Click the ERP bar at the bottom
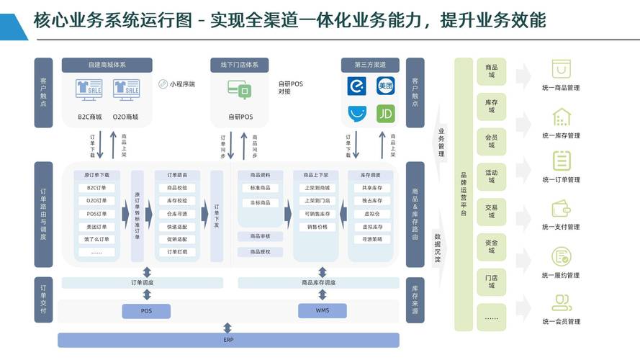tap(227, 340)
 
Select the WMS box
tap(322, 311)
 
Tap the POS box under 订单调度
tap(146, 311)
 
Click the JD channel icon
tap(387, 114)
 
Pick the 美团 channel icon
tap(387, 86)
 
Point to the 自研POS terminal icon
tap(240, 90)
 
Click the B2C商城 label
tap(90, 117)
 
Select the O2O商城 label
tap(125, 117)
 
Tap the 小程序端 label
tap(181, 84)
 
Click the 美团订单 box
tap(96, 227)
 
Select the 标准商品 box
tap(260, 188)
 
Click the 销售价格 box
tap(317, 227)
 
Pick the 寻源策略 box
tap(372, 239)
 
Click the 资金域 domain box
tap(491, 248)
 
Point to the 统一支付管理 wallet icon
tap(561, 209)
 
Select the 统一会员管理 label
tap(561, 322)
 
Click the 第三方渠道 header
tap(369, 65)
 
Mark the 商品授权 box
tap(260, 252)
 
